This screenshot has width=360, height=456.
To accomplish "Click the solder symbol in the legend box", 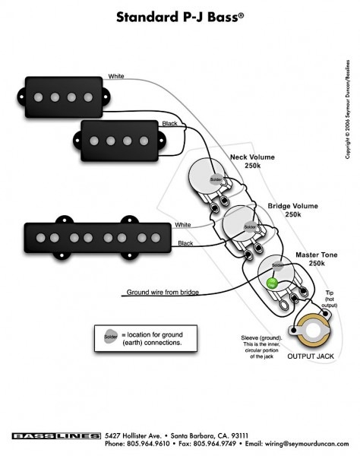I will click(x=111, y=335).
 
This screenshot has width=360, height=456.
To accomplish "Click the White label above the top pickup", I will click(x=116, y=76).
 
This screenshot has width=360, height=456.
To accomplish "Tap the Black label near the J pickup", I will click(x=185, y=243).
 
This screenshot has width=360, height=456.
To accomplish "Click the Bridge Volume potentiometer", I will click(x=248, y=225).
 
